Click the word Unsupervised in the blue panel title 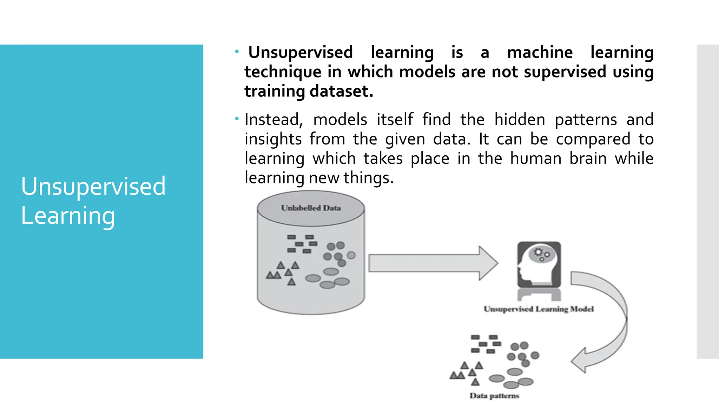(93, 186)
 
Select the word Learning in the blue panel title (68, 216)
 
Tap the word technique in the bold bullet (283, 72)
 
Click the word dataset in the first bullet (341, 91)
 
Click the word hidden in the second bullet (520, 120)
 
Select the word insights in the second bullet (273, 139)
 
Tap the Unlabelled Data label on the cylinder (311, 208)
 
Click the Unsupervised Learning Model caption (539, 309)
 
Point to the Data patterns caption (494, 396)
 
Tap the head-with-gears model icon (539, 265)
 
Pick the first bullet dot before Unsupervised (237, 52)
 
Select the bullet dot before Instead (237, 119)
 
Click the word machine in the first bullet (540, 53)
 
